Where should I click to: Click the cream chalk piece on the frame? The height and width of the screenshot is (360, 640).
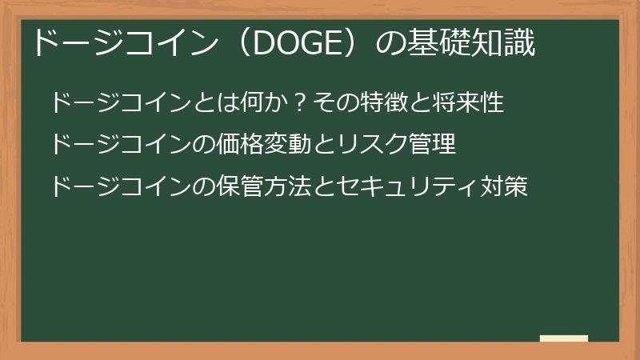tap(564, 338)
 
